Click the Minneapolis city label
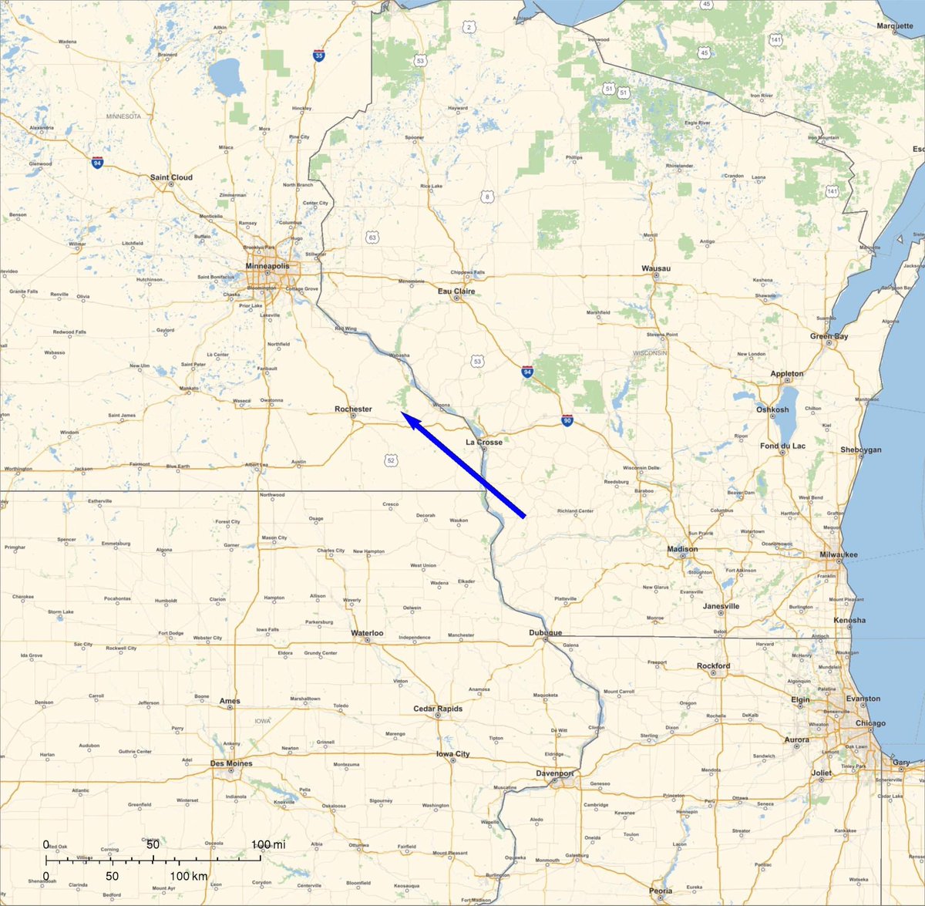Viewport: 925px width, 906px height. coord(267,266)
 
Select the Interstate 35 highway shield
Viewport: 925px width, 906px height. coord(318,56)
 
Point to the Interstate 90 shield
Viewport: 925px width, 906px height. coord(567,420)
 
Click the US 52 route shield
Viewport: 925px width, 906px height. coord(391,460)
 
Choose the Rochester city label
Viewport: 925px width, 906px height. coord(353,409)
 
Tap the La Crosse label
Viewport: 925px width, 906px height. coord(484,443)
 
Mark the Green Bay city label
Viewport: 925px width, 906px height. coord(829,336)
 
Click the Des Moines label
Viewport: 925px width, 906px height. coord(231,763)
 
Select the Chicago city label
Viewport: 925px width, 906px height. coord(870,723)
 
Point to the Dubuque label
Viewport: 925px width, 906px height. coord(545,633)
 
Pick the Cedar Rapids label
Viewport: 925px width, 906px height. coord(438,709)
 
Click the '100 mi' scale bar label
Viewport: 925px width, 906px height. coord(267,845)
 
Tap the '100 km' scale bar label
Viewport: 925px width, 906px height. coord(190,877)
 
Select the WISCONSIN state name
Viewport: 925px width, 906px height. coord(649,353)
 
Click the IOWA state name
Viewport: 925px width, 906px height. coord(263,721)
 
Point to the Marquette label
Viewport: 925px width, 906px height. coord(894,26)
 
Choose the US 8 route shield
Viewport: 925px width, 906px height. coord(487,197)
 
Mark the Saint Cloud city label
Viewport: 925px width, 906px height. coord(171,177)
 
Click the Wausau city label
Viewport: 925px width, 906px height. coord(656,268)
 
